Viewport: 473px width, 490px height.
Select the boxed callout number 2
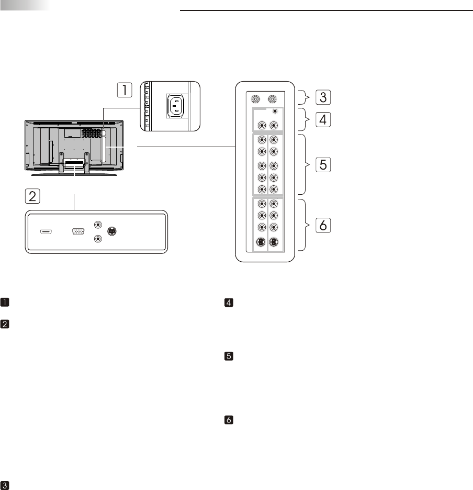32,196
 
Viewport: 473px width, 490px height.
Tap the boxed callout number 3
322,97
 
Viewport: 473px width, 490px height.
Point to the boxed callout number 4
322,119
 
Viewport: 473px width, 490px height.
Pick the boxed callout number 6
322,226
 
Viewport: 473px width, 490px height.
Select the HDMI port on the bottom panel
46,231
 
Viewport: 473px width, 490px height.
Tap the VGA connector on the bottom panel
79,231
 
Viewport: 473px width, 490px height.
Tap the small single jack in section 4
275,112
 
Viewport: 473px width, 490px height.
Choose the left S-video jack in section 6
261,242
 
